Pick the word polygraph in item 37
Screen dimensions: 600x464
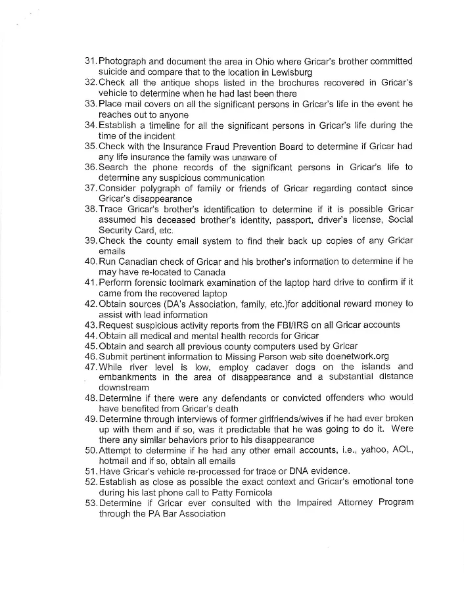(x=162, y=189)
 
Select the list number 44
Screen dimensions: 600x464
(x=91, y=335)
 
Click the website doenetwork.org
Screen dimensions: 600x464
(x=337, y=356)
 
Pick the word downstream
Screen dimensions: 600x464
(x=124, y=388)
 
